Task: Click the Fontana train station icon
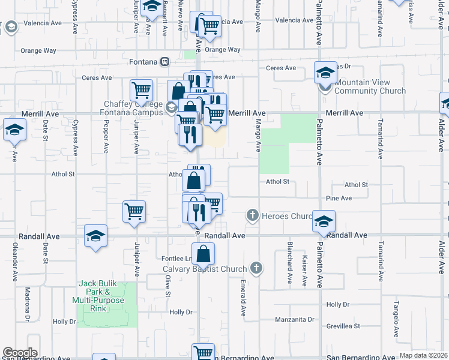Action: coord(164,61)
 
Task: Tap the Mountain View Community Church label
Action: coord(370,87)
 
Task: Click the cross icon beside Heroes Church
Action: coord(253,215)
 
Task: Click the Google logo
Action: coord(20,353)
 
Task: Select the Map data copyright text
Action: coord(424,355)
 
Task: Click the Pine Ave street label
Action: coord(339,198)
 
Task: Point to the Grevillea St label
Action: coord(343,326)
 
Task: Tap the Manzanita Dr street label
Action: coord(295,319)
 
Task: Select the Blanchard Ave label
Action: coord(289,266)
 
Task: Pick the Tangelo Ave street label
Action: coord(396,317)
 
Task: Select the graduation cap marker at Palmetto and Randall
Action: coord(324,222)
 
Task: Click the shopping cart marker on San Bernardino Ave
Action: coord(203,353)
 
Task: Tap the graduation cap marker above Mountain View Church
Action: coord(325,73)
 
